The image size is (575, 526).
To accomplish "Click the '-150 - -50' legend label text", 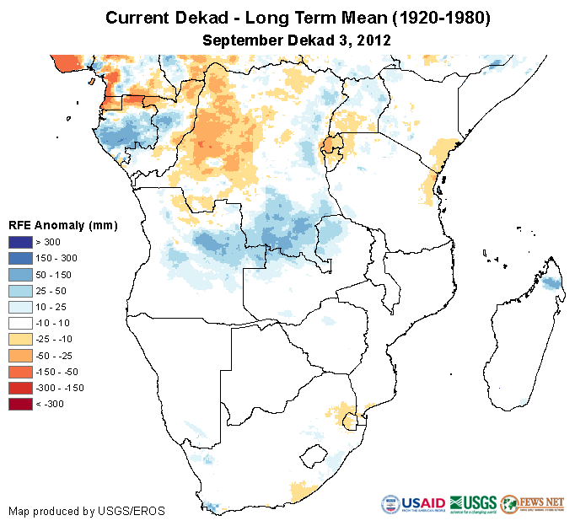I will tap(59, 372).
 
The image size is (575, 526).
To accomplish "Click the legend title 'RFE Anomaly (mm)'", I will tap(62, 226).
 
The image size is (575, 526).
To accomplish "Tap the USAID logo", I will tap(413, 504).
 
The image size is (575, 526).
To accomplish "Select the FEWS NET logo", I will tap(531, 504).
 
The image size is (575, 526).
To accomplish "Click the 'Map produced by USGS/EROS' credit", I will tap(87, 511).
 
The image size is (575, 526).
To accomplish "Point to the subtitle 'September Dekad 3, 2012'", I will tap(297, 40).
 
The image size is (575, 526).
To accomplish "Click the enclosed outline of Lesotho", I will tap(314, 456).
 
